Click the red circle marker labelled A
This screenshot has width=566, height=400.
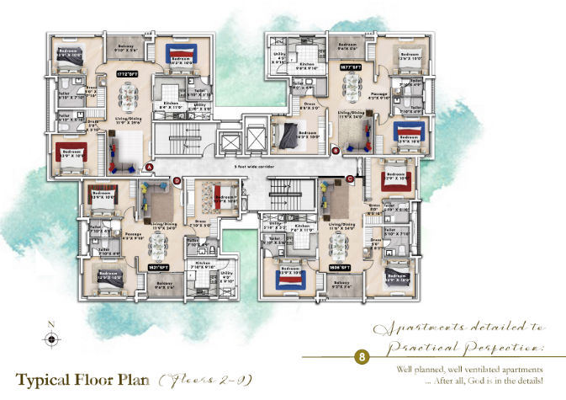149,167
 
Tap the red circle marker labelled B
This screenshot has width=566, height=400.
336,151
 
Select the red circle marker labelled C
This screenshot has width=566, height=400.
349,179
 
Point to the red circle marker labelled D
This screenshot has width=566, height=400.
176,180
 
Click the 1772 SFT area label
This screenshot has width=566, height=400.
126,74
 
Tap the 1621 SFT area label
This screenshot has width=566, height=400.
156,266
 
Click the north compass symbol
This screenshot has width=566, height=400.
52,339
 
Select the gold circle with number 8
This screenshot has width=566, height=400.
362,356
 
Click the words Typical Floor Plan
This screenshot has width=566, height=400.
82,378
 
